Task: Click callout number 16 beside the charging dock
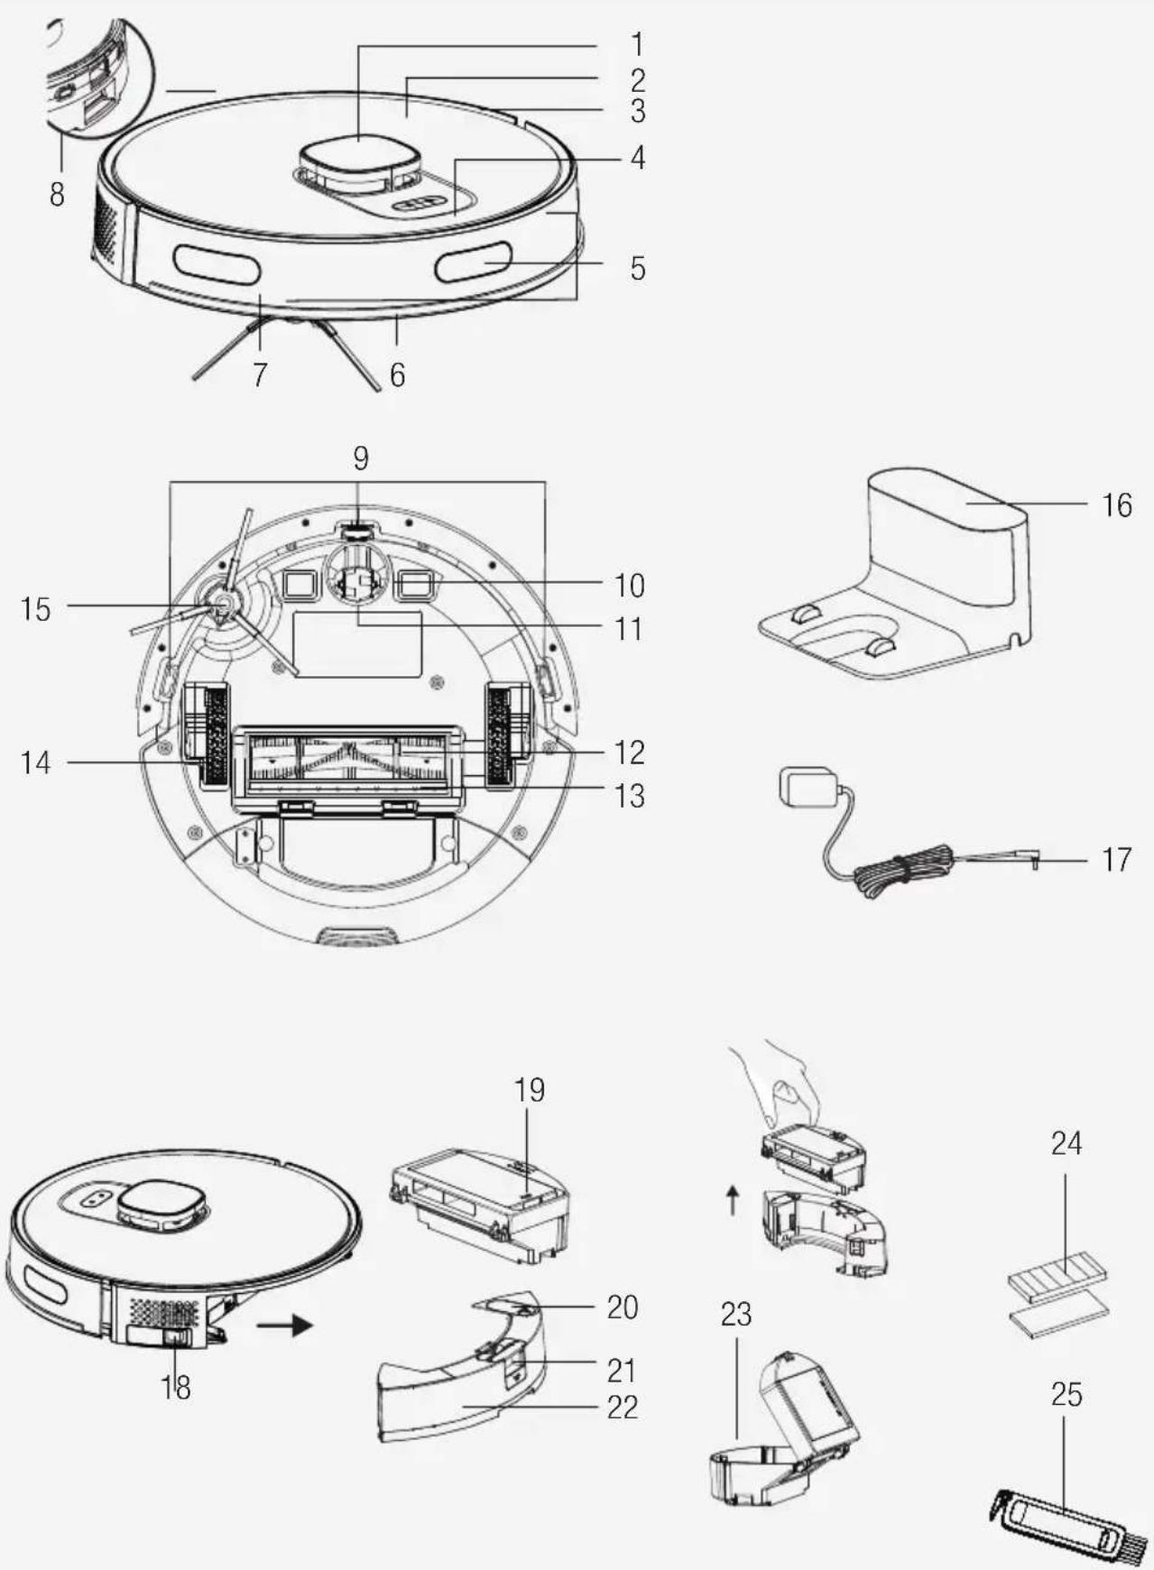pyautogui.click(x=1117, y=505)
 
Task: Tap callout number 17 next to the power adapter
pyautogui.click(x=1117, y=860)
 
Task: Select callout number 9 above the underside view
pyautogui.click(x=361, y=458)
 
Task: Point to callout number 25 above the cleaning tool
pyautogui.click(x=1066, y=1395)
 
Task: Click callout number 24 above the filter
pyautogui.click(x=1066, y=1143)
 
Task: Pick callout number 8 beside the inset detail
pyautogui.click(x=57, y=193)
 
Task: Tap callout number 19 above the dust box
pyautogui.click(x=530, y=1090)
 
